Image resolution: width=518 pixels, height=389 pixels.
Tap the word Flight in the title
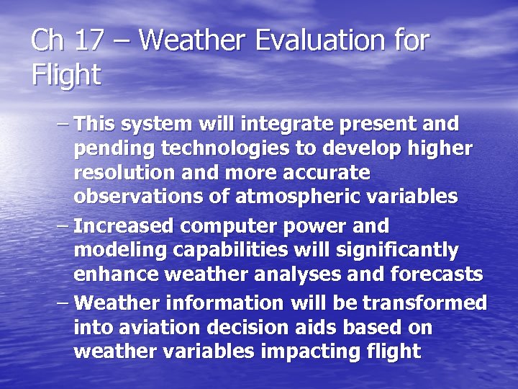(65, 74)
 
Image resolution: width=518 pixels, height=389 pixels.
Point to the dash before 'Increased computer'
(63, 226)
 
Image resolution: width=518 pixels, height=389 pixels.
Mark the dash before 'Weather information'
(63, 303)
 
